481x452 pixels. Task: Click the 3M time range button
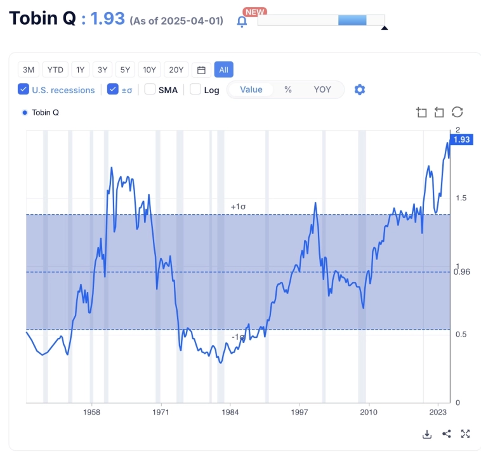pyautogui.click(x=28, y=70)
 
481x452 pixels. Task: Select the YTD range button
pyautogui.click(x=56, y=70)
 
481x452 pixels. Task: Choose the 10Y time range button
pyautogui.click(x=150, y=70)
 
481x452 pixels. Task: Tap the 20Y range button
pyautogui.click(x=176, y=70)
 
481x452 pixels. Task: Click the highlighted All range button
pyautogui.click(x=223, y=70)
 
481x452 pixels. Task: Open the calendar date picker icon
pyautogui.click(x=201, y=70)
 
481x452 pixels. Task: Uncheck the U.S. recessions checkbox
pyautogui.click(x=23, y=89)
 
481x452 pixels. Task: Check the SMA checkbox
pyautogui.click(x=150, y=89)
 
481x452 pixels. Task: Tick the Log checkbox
pyautogui.click(x=195, y=89)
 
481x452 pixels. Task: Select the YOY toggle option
pyautogui.click(x=322, y=89)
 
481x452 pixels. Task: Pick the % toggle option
pyautogui.click(x=287, y=89)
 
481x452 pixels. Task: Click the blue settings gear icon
pyautogui.click(x=360, y=89)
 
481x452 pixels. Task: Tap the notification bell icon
pyautogui.click(x=242, y=21)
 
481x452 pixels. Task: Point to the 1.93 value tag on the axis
pyautogui.click(x=461, y=139)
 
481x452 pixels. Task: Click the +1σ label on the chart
pyautogui.click(x=238, y=207)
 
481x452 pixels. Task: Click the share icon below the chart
pyautogui.click(x=446, y=434)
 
